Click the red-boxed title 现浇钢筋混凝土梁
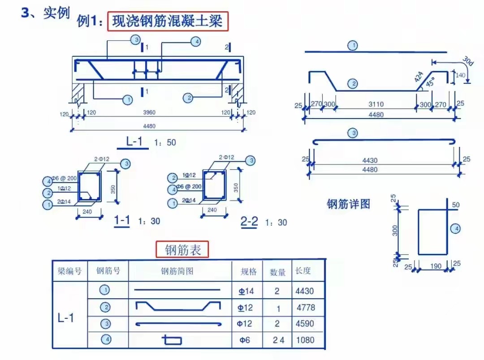168,21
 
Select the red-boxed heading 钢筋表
182,250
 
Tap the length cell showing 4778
306,308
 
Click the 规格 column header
249,271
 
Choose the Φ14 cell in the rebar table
246,291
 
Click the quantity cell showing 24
278,340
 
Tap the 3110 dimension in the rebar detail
376,104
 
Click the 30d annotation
467,61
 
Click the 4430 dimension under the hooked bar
370,160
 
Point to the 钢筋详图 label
349,204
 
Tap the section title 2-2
249,221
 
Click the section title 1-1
122,220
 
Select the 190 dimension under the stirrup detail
435,266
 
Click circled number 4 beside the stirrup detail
455,229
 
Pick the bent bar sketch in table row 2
178,307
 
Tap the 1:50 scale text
165,143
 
